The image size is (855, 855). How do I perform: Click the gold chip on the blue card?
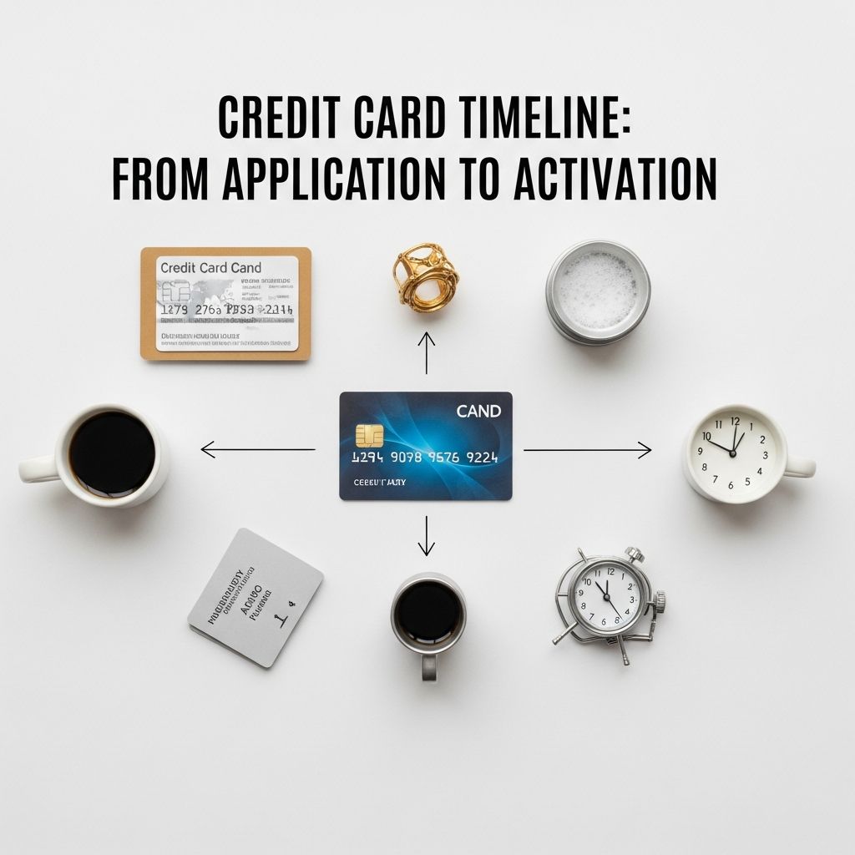[369, 435]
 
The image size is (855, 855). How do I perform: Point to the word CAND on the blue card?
[478, 411]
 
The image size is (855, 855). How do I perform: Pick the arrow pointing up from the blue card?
[427, 352]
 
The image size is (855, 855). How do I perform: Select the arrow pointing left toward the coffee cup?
[257, 451]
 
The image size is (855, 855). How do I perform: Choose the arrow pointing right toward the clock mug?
[588, 451]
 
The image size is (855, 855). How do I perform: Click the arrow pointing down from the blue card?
[427, 535]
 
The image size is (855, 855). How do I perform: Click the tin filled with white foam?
[597, 291]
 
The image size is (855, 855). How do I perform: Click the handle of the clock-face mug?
[800, 467]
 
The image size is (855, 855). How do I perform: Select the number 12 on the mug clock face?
[735, 422]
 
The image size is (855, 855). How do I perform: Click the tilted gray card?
[255, 597]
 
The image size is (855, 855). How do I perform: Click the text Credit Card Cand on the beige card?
[210, 268]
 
